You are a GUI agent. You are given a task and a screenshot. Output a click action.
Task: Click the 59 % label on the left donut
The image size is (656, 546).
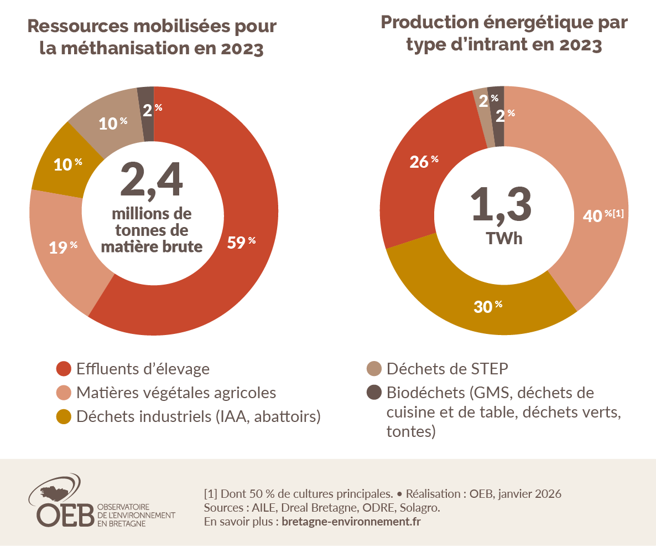(x=241, y=242)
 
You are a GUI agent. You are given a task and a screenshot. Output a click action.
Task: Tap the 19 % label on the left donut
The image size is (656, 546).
(x=63, y=247)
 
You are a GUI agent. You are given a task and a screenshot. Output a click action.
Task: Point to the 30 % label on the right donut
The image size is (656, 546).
(x=488, y=306)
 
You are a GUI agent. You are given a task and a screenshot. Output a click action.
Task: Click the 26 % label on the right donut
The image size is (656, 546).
(x=424, y=161)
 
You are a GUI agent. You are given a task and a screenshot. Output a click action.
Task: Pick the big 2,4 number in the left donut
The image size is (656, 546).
(x=152, y=180)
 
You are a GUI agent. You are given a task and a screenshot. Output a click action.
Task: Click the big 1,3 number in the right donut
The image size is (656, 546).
(x=501, y=204)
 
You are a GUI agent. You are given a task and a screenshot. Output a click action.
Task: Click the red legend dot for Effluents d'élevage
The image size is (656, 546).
(x=64, y=368)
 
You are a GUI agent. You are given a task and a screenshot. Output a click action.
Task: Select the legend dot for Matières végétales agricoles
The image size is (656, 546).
(x=64, y=393)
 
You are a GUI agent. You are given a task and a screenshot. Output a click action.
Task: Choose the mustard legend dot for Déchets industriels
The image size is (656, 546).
(x=64, y=416)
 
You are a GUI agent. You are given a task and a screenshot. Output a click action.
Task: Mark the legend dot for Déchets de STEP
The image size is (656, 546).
(x=374, y=368)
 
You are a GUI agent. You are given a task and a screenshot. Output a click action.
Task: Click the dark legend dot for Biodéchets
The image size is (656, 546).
(x=374, y=393)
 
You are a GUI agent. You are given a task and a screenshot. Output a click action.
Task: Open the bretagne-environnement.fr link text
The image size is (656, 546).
(x=351, y=522)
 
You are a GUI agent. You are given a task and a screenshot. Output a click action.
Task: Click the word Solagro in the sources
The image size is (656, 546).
(x=420, y=508)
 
